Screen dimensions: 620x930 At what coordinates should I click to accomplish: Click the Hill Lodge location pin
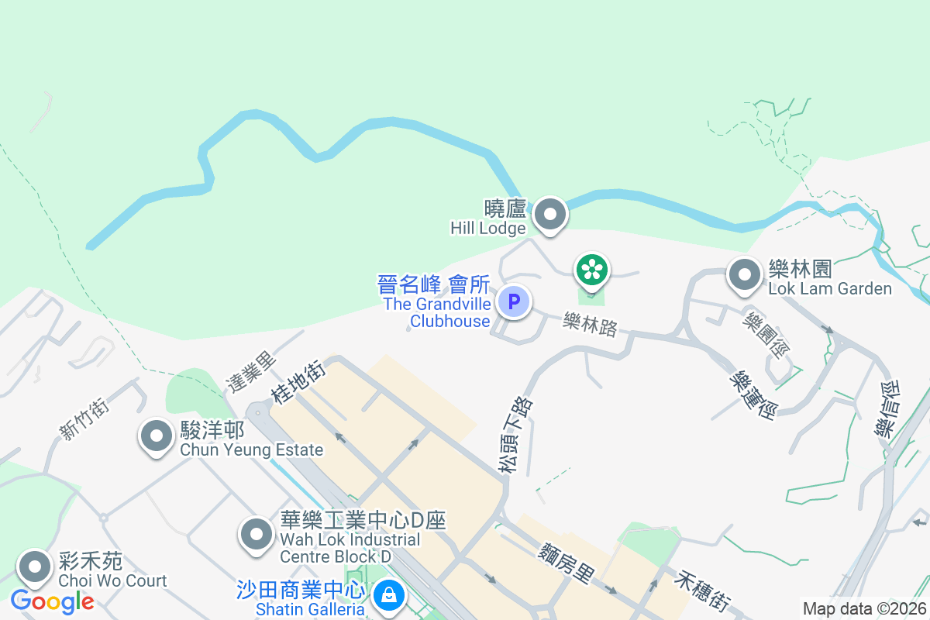coord(550,214)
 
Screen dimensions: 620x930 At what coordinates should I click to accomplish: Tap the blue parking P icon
coord(513,301)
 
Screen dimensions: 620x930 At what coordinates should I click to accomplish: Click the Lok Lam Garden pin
coord(745,274)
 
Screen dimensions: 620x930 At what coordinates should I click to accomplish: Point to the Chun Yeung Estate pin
coord(157,436)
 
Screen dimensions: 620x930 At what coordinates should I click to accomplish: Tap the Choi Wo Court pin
coord(35,567)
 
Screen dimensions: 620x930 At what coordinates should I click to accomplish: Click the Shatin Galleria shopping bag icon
coord(385,595)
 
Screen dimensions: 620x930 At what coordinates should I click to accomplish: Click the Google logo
coord(52,601)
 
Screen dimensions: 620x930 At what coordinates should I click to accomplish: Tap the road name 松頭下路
coord(516,435)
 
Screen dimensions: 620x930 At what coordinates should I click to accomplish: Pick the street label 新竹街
coord(84,418)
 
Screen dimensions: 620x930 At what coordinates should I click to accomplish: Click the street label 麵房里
coord(567,563)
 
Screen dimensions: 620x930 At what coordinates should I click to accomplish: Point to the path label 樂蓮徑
coord(753,394)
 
